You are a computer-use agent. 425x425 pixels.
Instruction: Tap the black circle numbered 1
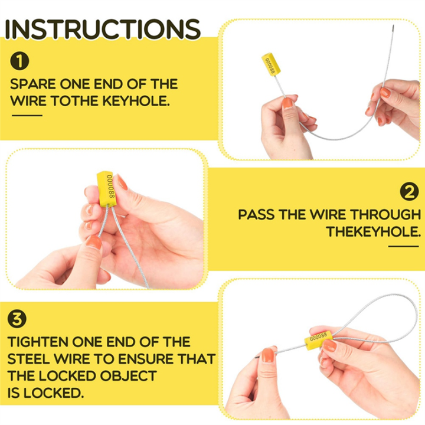pos(20,60)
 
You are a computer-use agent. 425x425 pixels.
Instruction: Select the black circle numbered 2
pos(408,191)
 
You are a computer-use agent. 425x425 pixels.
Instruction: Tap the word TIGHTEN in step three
pos(38,342)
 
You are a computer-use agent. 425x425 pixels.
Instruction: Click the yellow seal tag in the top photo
pos(270,64)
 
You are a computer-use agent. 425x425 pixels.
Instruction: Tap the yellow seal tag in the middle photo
pos(107,187)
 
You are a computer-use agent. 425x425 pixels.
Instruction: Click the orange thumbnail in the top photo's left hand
pos(287,103)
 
